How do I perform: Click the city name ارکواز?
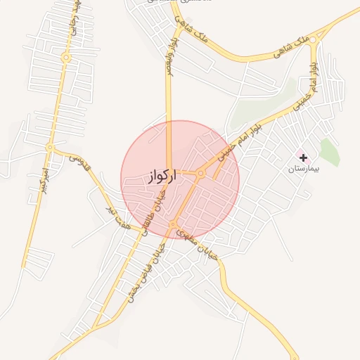[161, 176]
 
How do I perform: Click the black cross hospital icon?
[303, 157]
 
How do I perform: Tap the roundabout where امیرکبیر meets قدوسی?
[49, 148]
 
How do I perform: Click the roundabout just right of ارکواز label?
[200, 173]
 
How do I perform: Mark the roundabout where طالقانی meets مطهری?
[172, 224]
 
